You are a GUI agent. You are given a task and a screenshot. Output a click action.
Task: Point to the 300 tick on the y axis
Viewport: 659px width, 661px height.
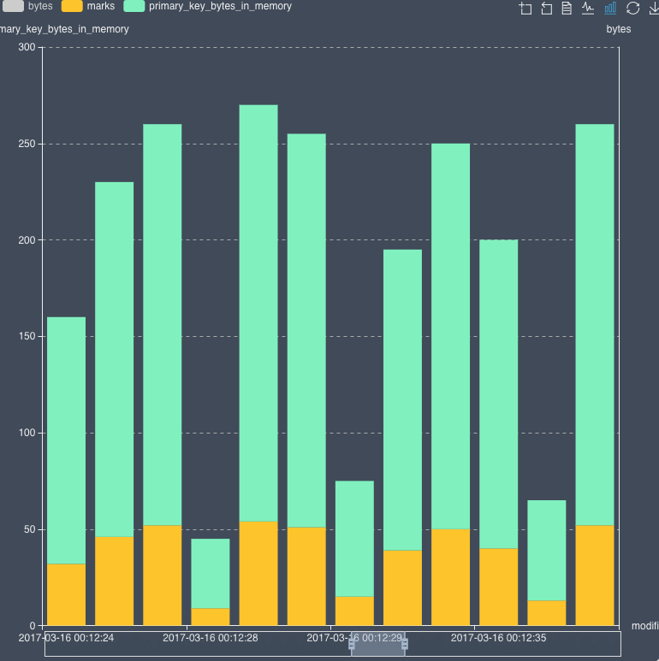pyautogui.click(x=27, y=48)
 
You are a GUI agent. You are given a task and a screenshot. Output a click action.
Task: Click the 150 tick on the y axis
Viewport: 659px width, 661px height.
pyautogui.click(x=27, y=337)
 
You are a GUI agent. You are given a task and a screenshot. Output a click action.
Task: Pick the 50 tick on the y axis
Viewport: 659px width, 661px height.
pyautogui.click(x=29, y=529)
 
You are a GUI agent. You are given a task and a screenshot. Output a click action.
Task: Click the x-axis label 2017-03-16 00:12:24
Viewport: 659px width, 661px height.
pyautogui.click(x=66, y=637)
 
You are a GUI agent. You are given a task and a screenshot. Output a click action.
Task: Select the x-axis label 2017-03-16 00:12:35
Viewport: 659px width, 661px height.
pyautogui.click(x=497, y=637)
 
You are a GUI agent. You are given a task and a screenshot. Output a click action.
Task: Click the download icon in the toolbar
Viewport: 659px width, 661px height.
pyautogui.click(x=654, y=9)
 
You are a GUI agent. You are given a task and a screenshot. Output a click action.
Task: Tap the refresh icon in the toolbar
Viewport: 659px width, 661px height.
pyautogui.click(x=633, y=9)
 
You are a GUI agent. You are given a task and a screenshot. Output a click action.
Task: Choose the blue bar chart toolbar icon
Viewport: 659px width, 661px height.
pyautogui.click(x=610, y=9)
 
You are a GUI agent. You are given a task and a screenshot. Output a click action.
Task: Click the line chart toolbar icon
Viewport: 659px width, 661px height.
pyautogui.click(x=588, y=9)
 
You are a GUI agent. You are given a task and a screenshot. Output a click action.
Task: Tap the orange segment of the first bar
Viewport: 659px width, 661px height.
pyautogui.click(x=66, y=594)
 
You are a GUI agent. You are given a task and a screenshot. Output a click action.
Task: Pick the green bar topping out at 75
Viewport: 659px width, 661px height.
pyautogui.click(x=354, y=539)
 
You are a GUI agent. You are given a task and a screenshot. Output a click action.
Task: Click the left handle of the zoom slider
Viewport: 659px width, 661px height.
pyautogui.click(x=352, y=644)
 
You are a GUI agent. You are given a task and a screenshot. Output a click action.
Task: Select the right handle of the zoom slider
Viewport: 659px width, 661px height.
pyautogui.click(x=405, y=644)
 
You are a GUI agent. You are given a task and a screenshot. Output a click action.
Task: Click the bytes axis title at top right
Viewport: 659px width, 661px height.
pyautogui.click(x=618, y=29)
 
